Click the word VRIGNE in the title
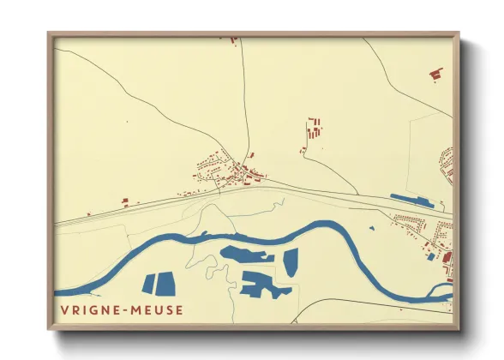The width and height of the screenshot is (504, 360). [87, 309]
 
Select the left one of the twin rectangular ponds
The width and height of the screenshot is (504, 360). [148, 284]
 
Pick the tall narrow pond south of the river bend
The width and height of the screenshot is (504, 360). [290, 262]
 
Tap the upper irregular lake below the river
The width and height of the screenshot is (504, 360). [246, 255]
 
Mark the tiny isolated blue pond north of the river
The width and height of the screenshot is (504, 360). [372, 228]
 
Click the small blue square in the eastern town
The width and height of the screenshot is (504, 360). [431, 256]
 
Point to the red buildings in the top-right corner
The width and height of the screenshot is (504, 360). [436, 74]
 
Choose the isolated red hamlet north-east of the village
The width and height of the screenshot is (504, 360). [314, 132]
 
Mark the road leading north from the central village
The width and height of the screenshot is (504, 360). [245, 103]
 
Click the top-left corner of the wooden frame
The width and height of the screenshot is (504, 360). [49, 34]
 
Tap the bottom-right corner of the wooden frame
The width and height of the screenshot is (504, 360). [458, 328]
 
